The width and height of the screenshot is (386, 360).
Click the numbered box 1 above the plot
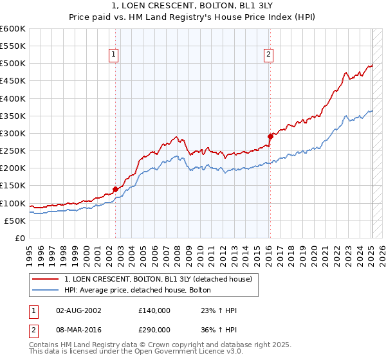[x=113, y=55]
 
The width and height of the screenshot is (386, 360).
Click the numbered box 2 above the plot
[x=268, y=55]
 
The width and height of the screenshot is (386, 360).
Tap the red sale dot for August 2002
[x=116, y=189]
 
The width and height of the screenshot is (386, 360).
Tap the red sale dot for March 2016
[x=270, y=136]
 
